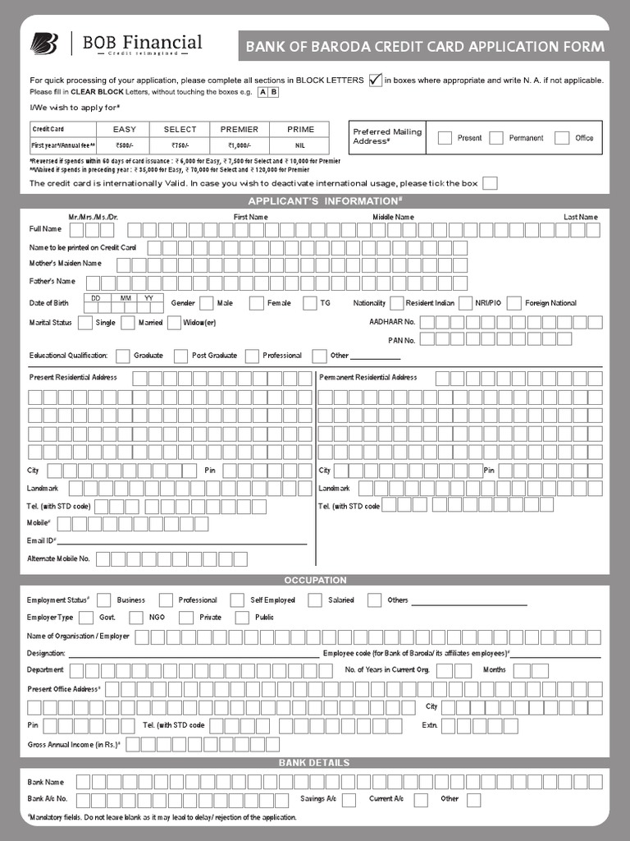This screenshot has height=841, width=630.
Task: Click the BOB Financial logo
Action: (116, 44)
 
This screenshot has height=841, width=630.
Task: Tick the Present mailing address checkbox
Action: (445, 138)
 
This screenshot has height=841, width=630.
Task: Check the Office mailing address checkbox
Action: (562, 138)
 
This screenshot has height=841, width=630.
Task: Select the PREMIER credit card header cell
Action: (239, 130)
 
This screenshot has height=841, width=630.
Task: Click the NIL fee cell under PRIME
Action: (300, 145)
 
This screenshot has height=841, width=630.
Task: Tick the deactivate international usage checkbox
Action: (490, 183)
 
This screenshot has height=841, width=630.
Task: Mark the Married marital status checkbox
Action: (127, 323)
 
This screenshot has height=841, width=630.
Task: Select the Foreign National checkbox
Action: (514, 303)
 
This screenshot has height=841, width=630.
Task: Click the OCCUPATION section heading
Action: (315, 580)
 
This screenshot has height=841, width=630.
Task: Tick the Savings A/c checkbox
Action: (349, 799)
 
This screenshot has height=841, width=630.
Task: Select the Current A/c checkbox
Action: (421, 799)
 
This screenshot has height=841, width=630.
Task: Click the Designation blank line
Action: (194, 654)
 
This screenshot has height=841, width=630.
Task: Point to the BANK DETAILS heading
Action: (315, 763)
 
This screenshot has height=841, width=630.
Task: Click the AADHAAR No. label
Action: (392, 323)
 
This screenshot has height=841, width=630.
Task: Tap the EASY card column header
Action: (125, 130)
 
